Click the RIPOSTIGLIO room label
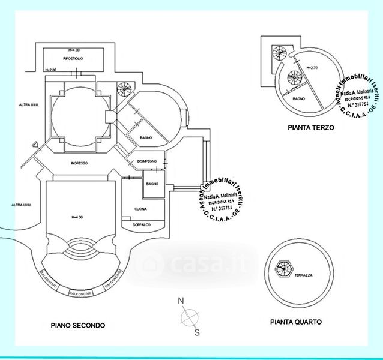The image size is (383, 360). tap(73, 58)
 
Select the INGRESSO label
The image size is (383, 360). tap(79, 164)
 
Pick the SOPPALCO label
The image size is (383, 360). tap(142, 224)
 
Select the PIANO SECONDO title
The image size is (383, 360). tap(78, 325)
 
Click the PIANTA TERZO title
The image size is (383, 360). tap(310, 128)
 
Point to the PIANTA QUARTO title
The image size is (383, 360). tap(296, 322)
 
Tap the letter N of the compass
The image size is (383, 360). tap(180, 301)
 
